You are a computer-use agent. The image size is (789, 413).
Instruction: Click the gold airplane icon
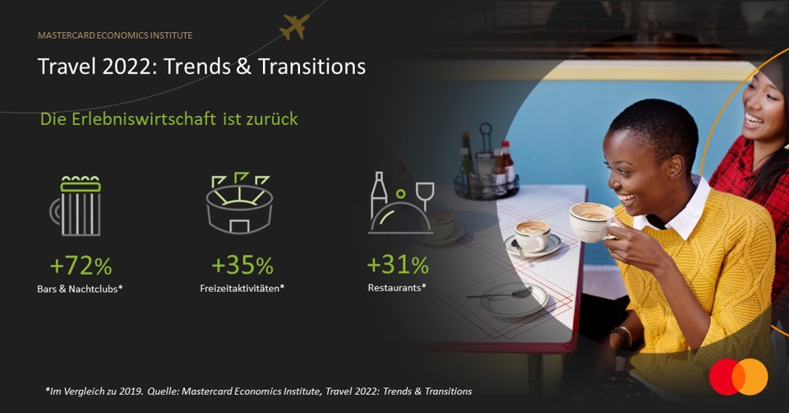(x=294, y=26)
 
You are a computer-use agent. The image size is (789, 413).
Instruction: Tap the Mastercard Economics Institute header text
(x=115, y=35)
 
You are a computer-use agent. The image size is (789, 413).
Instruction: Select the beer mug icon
(x=76, y=206)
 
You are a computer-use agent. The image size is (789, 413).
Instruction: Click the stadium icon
(x=239, y=202)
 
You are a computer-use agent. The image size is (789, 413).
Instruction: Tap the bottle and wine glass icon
(x=402, y=203)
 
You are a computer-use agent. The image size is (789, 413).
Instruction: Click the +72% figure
(x=81, y=266)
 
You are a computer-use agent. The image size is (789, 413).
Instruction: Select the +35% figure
(x=242, y=266)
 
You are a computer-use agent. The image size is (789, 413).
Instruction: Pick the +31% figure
(x=398, y=265)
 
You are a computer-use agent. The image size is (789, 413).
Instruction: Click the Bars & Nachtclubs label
(x=80, y=289)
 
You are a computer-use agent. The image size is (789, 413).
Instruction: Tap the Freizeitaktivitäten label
(x=242, y=289)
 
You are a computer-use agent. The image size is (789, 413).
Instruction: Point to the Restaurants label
(x=397, y=288)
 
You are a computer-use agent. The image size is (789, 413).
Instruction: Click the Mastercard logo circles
(x=739, y=377)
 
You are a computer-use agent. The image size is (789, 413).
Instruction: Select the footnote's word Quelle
(x=162, y=392)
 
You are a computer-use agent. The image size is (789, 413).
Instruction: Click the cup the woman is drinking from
(x=592, y=221)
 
